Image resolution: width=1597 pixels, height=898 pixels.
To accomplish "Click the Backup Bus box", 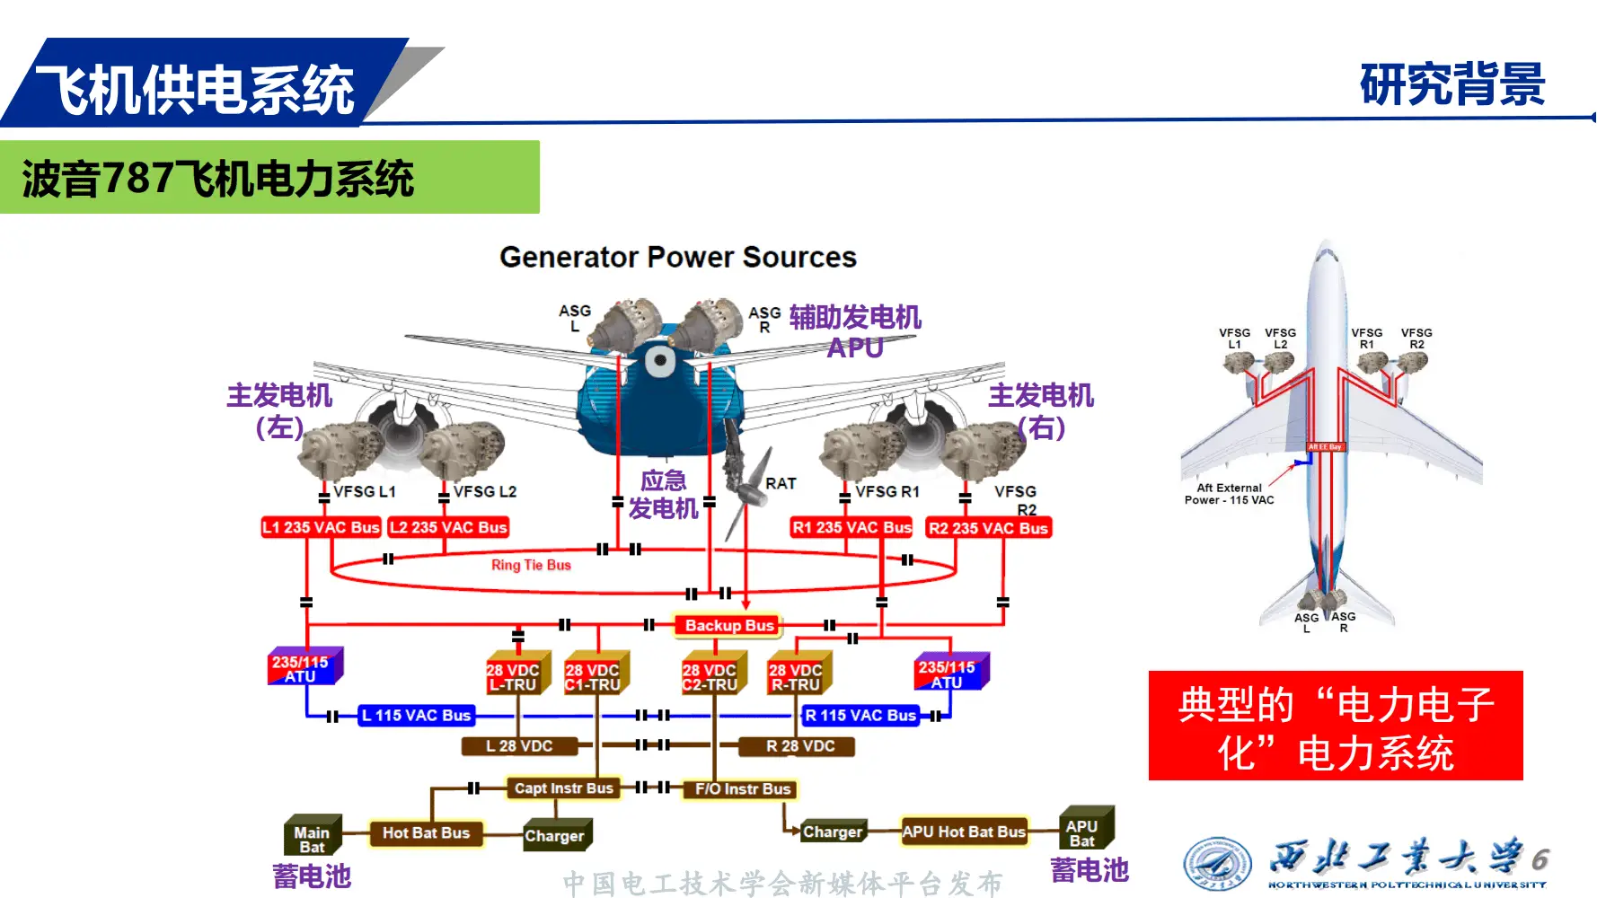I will [728, 625].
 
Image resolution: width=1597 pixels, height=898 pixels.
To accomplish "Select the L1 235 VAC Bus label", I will [321, 527].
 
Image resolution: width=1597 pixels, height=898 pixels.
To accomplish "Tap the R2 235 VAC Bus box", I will [988, 528].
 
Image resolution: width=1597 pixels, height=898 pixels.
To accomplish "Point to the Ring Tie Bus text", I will [531, 565].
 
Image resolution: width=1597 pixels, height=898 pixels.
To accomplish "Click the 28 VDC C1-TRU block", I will [593, 676].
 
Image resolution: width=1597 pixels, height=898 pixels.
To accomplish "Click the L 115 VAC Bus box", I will [416, 715].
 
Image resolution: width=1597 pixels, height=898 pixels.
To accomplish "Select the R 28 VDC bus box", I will [798, 745].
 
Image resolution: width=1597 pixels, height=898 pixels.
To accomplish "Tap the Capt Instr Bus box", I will [562, 788].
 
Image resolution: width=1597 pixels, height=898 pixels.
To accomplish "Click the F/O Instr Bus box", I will [742, 788].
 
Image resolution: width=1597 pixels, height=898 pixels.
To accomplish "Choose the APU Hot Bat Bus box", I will [963, 832].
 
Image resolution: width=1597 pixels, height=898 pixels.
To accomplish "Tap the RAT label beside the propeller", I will [781, 483].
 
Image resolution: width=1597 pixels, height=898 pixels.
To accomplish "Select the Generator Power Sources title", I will [678, 257].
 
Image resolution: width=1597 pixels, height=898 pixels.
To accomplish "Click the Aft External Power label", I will [1229, 494].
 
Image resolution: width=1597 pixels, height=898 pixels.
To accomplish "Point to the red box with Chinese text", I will [1335, 726].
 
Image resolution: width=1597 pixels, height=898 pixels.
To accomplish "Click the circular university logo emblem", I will [1217, 864].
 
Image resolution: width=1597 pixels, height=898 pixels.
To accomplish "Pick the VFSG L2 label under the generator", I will [484, 491].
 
